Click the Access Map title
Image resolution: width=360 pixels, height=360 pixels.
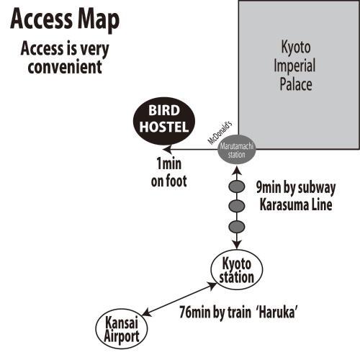click(x=65, y=19)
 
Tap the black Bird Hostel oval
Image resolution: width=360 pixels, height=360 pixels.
click(x=164, y=121)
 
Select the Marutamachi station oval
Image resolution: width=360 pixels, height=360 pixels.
click(x=237, y=150)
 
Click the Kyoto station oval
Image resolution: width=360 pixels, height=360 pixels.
click(x=237, y=270)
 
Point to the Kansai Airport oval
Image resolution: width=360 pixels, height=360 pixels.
click(x=122, y=329)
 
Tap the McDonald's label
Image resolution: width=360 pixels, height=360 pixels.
click(x=220, y=132)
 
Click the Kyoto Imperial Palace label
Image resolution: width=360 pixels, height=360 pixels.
click(x=295, y=66)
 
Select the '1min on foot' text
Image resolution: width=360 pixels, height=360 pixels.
click(x=168, y=172)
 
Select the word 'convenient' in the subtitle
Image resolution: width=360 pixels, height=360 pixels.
click(x=65, y=67)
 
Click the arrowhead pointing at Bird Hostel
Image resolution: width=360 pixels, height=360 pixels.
click(x=167, y=150)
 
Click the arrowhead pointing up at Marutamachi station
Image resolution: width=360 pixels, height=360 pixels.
click(x=237, y=171)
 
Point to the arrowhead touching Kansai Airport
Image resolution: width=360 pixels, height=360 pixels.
click(x=147, y=312)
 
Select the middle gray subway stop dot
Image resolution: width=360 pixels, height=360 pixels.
click(x=237, y=206)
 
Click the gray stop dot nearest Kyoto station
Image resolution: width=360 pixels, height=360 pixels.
click(x=237, y=227)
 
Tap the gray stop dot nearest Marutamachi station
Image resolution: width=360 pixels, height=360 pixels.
click(x=237, y=187)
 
